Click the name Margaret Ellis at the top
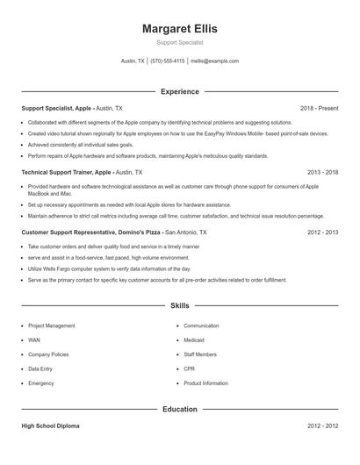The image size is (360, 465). tap(179, 28)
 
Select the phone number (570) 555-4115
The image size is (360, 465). tap(167, 61)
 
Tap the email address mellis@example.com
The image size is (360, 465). tap(214, 61)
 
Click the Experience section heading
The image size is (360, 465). tap(179, 91)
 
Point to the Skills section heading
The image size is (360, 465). tap(179, 305)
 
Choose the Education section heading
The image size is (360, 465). tap(179, 409)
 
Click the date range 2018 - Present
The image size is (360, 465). tap(319, 108)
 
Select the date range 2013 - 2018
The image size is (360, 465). tap(322, 173)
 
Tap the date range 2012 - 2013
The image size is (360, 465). tap(322, 232)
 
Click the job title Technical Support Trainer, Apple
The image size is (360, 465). tap(67, 173)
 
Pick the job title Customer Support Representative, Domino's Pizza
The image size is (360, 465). tap(90, 232)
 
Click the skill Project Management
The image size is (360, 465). tap(52, 325)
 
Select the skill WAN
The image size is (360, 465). tap(34, 340)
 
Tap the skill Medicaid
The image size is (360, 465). tap(195, 340)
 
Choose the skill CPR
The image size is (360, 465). tap(190, 369)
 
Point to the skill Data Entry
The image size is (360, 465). tap(40, 369)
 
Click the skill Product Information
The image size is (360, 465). tap(206, 383)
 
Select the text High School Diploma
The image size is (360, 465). tap(50, 426)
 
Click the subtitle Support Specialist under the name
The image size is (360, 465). tap(179, 42)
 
